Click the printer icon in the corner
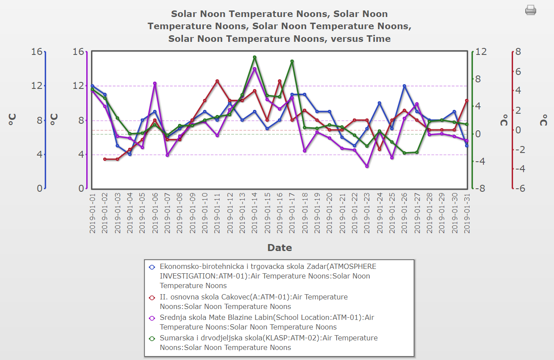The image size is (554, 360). click(x=530, y=10)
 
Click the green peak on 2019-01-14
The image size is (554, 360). click(x=255, y=57)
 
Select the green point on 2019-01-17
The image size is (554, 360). click(x=292, y=61)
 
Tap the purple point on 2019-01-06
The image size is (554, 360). click(x=155, y=83)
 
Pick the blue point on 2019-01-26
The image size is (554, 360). click(x=404, y=86)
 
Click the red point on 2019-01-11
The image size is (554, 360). click(x=217, y=81)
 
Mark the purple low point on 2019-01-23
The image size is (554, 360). click(x=367, y=166)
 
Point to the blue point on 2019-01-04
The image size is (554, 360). click(x=130, y=154)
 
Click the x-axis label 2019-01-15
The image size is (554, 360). click(x=267, y=214)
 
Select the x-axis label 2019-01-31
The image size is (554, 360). click(x=467, y=214)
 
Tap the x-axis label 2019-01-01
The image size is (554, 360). click(x=92, y=214)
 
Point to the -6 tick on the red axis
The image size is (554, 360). click(x=520, y=188)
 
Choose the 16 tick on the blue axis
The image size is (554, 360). click(x=37, y=51)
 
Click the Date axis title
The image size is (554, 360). click(x=280, y=248)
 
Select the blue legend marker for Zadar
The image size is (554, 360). click(x=152, y=267)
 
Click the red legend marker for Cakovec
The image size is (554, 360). click(x=152, y=297)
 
